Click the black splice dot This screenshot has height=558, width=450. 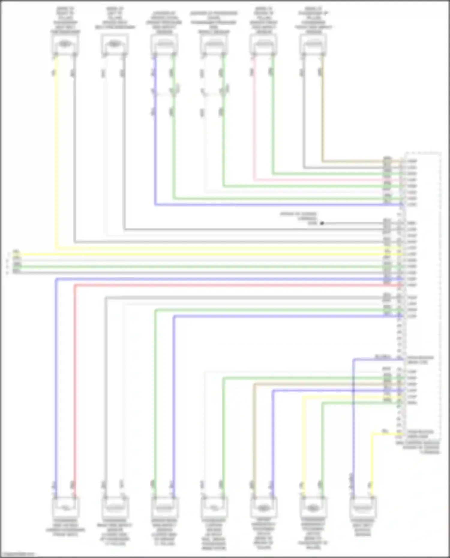tap(322, 223)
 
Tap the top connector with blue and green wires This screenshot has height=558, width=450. tap(164, 45)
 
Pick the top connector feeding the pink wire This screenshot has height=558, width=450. tap(263, 45)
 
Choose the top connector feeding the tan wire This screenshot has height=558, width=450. tap(313, 45)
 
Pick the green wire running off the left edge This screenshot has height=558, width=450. tap(180, 267)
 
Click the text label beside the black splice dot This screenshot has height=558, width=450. tap(298, 218)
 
